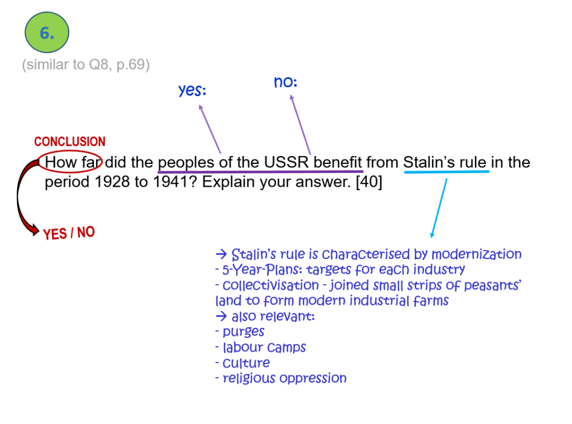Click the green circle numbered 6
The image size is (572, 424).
pos(47,32)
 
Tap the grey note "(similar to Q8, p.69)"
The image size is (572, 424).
pos(85,65)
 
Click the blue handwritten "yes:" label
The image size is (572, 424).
pos(192,90)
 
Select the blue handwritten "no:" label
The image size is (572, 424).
pos(285,82)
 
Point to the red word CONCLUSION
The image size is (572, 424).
pos(70,142)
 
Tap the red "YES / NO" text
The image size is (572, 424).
pos(69,233)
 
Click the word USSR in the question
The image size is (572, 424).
pos(286,162)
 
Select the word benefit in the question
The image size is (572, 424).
pos(337,162)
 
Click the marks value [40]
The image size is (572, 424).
pos(369,182)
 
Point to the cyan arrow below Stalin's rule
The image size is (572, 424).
pos(439,208)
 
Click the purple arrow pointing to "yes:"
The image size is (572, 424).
pos(210,129)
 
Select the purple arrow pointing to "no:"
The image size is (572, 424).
pos(300,124)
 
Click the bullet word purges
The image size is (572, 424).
pos(244,332)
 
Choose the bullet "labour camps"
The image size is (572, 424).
pos(264,347)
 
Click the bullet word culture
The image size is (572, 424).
pos(246,362)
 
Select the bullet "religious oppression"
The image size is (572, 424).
pos(284,378)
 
